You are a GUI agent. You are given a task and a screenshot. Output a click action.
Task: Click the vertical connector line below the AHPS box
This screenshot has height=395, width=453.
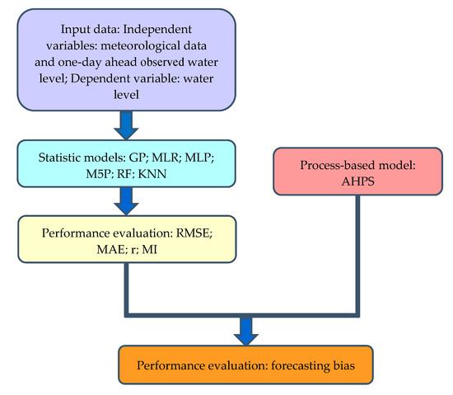coord(358,247)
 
